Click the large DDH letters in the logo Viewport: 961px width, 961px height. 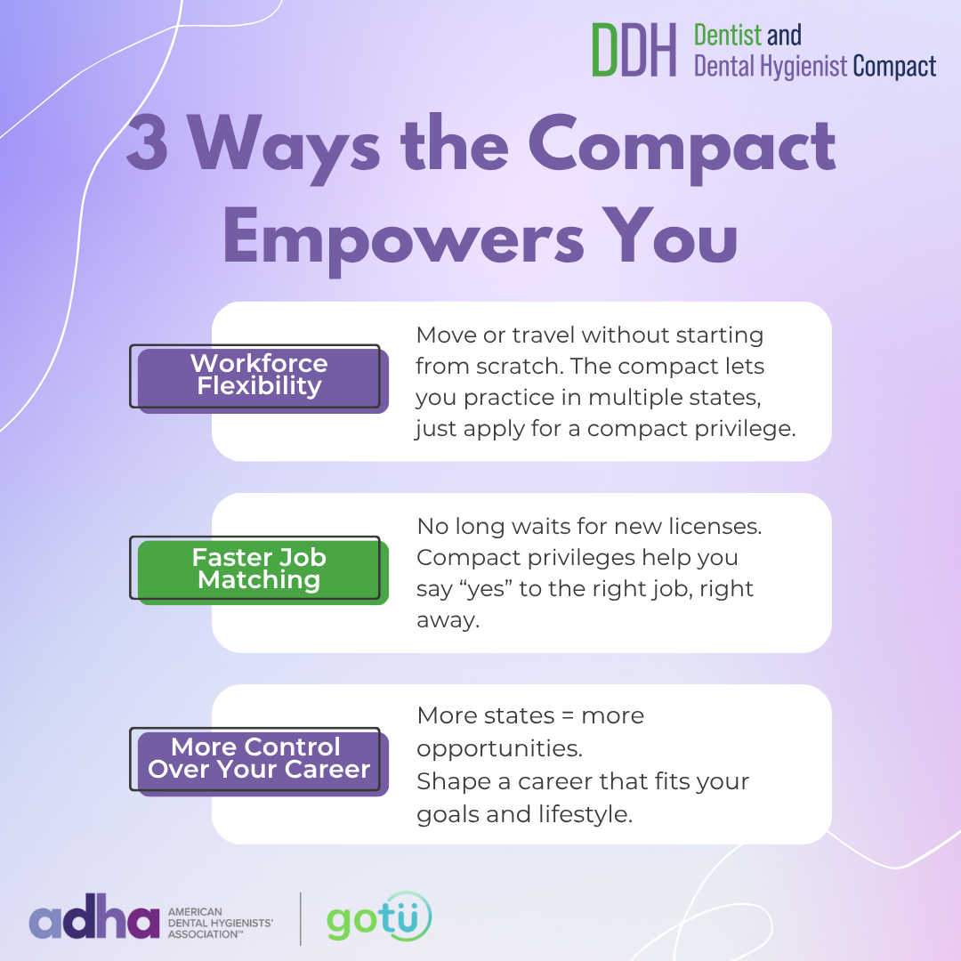point(634,50)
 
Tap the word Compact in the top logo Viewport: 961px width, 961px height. point(894,67)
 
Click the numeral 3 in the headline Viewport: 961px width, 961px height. point(147,142)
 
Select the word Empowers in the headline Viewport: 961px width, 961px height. point(403,239)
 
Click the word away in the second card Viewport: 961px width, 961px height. point(448,621)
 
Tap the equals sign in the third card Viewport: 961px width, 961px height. point(568,715)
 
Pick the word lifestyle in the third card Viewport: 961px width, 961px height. point(585,814)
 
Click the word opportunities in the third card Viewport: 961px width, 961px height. point(499,749)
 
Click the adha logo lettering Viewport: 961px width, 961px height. point(94,917)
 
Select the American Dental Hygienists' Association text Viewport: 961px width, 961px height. point(221,923)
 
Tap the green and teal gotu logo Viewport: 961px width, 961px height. point(379,917)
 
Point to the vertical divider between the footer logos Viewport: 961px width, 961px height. point(301,918)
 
